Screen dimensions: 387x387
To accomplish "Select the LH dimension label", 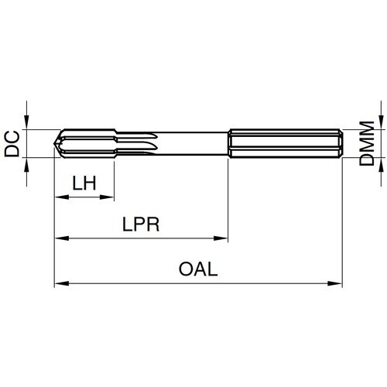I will [x=84, y=183].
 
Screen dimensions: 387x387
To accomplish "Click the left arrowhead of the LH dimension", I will [x=58, y=197].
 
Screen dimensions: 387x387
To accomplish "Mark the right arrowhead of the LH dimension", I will [x=109, y=197].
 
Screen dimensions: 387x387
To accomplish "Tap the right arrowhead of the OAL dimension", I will [x=337, y=283].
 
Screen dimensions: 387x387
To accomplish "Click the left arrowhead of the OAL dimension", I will [x=58, y=283].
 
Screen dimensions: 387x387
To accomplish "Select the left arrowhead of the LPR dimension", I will [x=58, y=239].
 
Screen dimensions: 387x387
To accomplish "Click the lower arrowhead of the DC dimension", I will [x=28, y=163].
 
